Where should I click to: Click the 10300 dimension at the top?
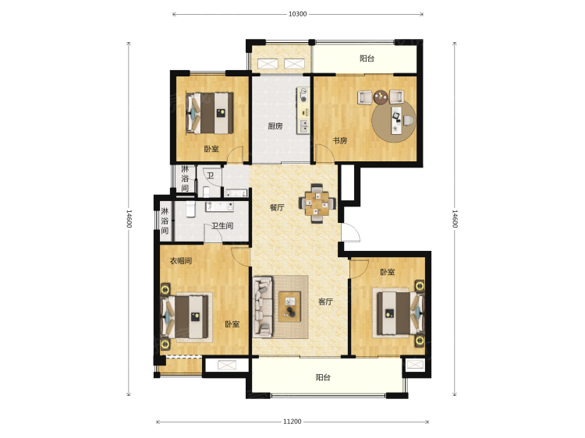tap(297, 14)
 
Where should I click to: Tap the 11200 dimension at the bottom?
tap(292, 422)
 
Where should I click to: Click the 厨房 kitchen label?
tap(275, 126)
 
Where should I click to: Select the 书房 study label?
tap(340, 140)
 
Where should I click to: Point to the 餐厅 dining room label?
tap(277, 207)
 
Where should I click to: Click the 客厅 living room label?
tap(325, 302)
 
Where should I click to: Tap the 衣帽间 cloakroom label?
tap(181, 260)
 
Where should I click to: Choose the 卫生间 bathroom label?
tap(222, 225)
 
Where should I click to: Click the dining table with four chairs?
tap(317, 203)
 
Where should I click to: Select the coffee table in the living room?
tap(290, 306)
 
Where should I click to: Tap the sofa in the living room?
tap(263, 307)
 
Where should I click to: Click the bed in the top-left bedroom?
tap(210, 113)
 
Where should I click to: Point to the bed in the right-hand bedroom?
tap(400, 313)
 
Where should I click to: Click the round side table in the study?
tap(381, 97)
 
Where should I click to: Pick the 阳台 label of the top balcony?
tap(367, 58)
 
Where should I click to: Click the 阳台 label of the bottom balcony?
tap(323, 377)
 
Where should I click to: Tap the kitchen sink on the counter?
tap(304, 126)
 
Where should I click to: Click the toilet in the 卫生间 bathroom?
tap(190, 209)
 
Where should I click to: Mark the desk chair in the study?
tap(409, 120)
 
